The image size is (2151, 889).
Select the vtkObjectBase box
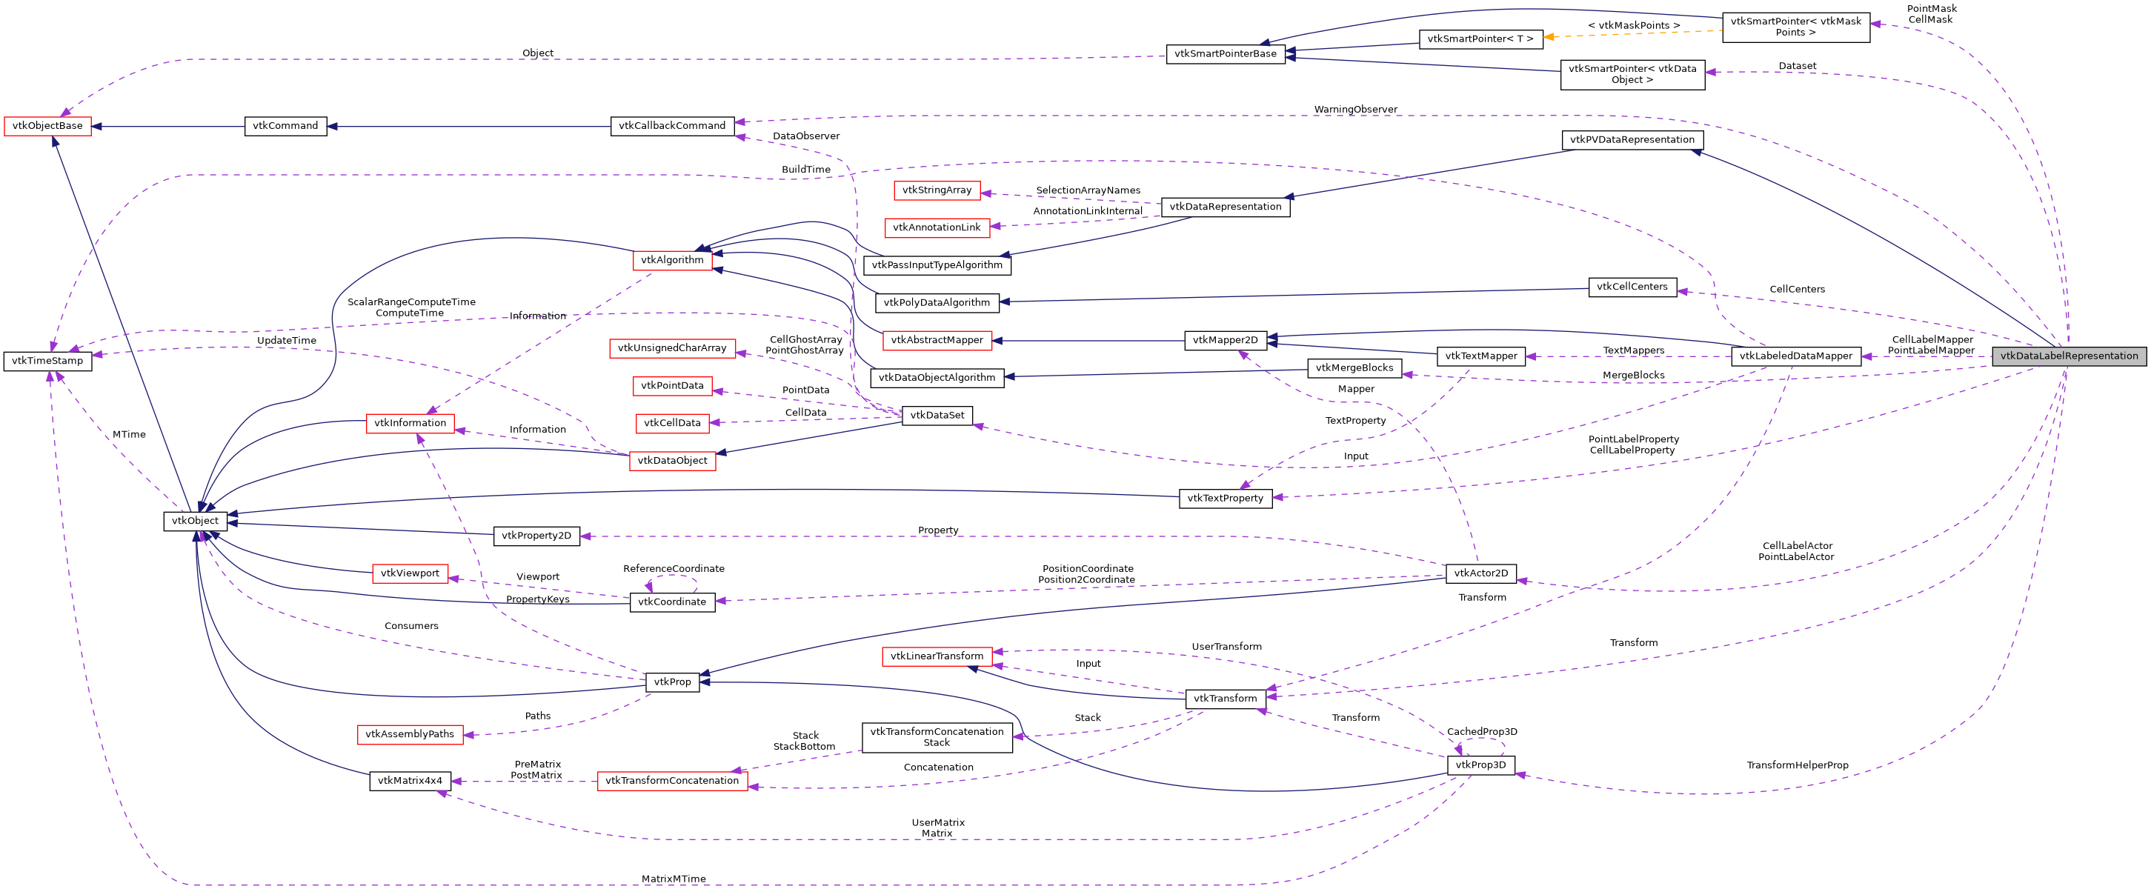tap(47, 126)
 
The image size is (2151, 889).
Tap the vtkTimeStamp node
tap(47, 362)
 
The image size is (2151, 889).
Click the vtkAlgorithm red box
tap(672, 261)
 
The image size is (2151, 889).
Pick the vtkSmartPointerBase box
tap(1225, 54)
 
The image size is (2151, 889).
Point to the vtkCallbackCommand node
tap(672, 126)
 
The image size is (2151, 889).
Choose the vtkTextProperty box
tap(1225, 499)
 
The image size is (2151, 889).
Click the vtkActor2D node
tap(1480, 573)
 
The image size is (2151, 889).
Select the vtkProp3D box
tap(1480, 765)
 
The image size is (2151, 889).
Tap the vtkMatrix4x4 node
tap(410, 782)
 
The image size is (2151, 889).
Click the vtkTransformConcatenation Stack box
tap(937, 737)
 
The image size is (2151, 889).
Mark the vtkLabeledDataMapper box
tap(1795, 356)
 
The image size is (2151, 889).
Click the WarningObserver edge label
tap(1355, 110)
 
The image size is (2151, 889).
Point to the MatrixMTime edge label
tap(673, 879)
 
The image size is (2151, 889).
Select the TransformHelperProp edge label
tap(1797, 765)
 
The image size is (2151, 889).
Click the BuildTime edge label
tap(805, 170)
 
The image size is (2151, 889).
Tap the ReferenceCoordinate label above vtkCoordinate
tap(673, 568)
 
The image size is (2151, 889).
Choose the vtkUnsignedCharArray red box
tap(672, 348)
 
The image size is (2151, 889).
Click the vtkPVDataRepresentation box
tap(1632, 140)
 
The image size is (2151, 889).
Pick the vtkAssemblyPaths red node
tap(409, 735)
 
